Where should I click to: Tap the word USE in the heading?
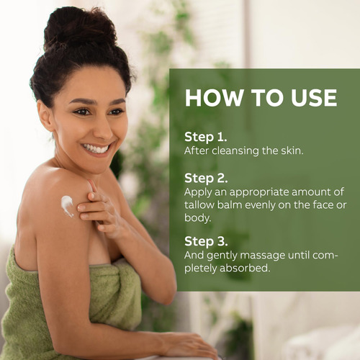coord(314,98)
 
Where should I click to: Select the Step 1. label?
coord(206,138)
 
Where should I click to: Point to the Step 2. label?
coord(206,179)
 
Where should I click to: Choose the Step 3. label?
coord(206,242)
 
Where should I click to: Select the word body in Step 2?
coord(197,218)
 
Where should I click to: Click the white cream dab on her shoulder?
coord(67,206)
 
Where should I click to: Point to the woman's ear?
coord(45,115)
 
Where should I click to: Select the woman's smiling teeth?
coord(96,149)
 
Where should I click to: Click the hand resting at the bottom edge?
coord(189,346)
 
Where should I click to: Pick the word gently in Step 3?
coord(222,256)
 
